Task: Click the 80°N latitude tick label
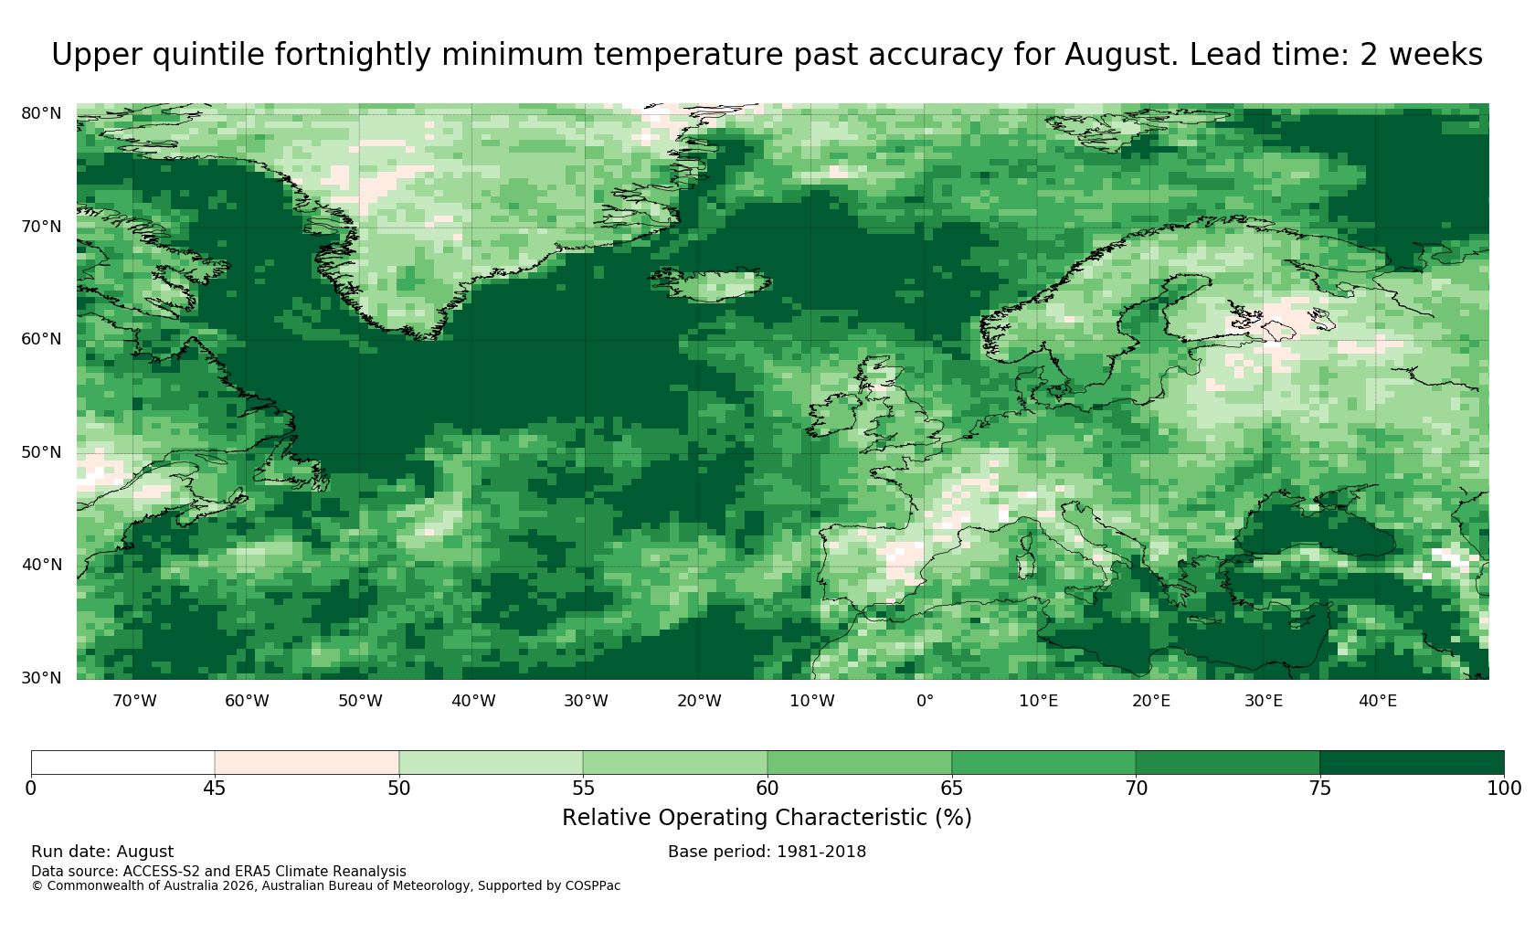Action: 41,113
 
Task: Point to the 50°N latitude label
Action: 41,452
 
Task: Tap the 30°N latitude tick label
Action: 41,678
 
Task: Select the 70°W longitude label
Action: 135,701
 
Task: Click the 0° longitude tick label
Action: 925,701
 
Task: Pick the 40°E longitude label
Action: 1378,701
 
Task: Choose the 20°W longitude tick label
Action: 700,701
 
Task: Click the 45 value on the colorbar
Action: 215,789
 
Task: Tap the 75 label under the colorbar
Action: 1319,789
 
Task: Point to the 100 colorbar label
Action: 1504,789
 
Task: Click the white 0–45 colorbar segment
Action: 122,763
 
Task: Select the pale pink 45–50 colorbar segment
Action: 307,763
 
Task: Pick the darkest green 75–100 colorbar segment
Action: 1412,763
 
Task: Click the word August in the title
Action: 1120,55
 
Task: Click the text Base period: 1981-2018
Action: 767,852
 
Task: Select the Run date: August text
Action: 102,852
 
